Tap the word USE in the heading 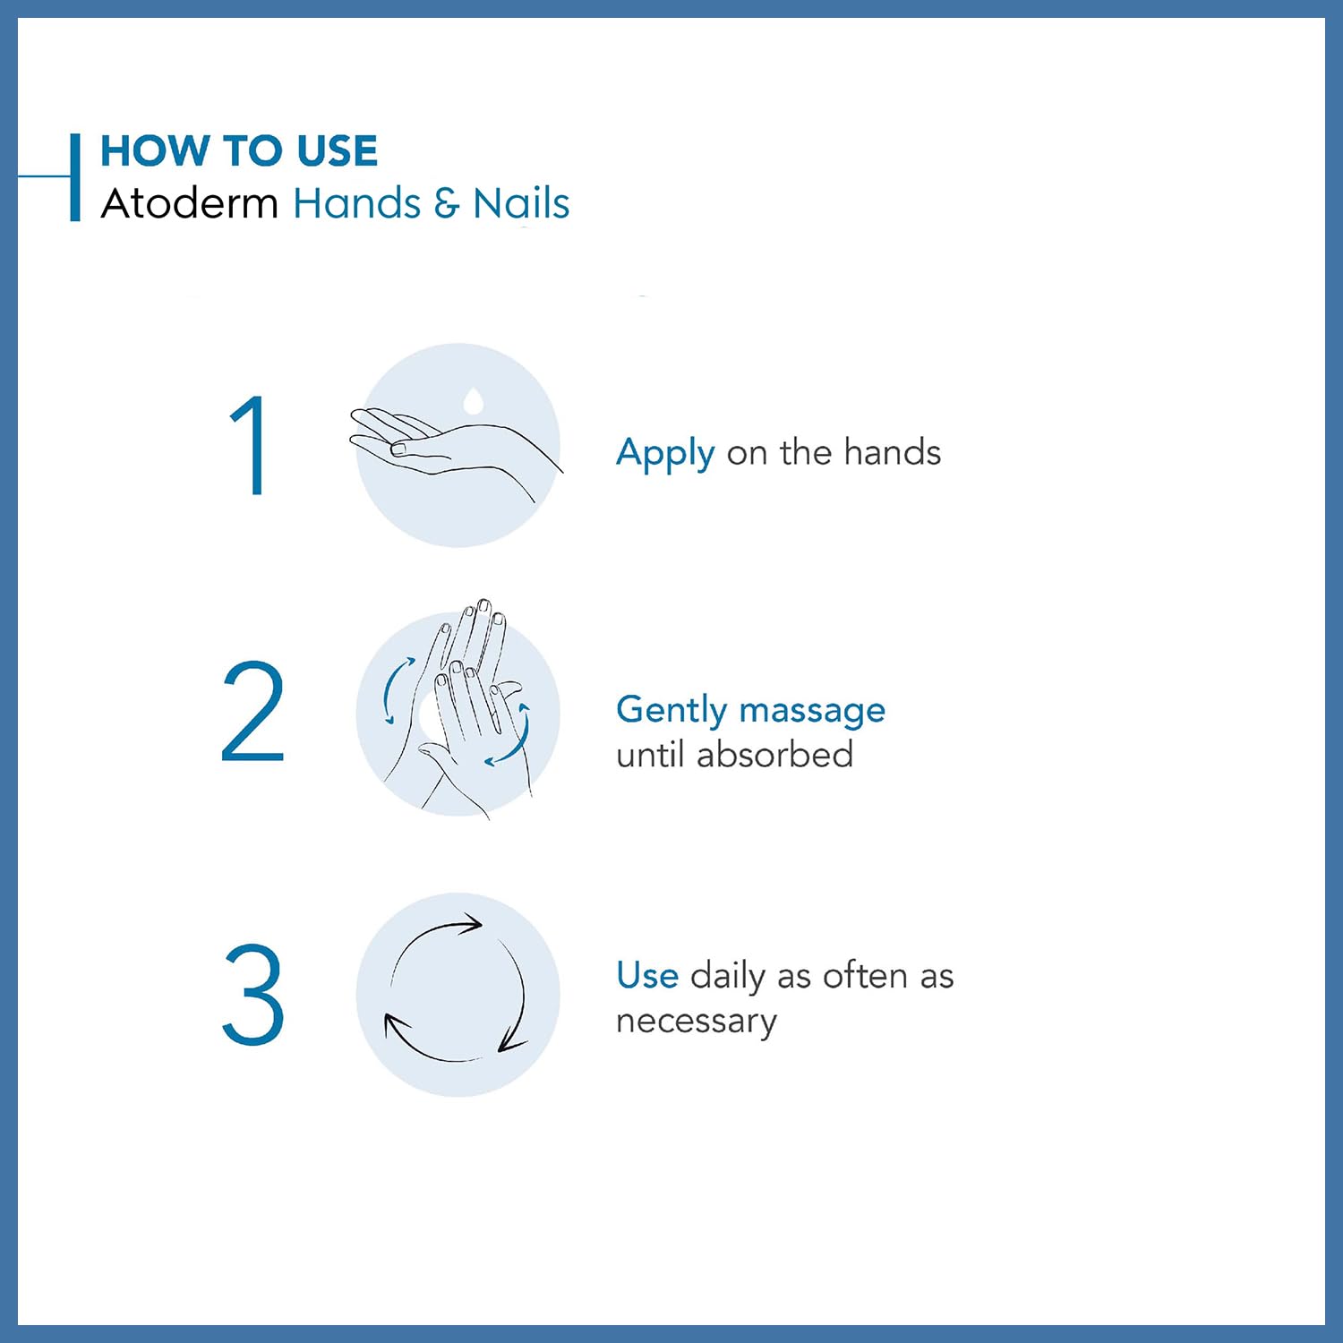338,150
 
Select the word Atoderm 190,203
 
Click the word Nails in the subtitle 521,203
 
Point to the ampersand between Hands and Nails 446,203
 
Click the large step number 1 250,445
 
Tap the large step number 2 252,712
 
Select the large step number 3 252,994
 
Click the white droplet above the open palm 474,399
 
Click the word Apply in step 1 665,454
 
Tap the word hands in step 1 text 892,452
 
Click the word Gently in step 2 671,711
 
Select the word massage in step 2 812,711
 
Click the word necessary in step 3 697,1022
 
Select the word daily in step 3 728,977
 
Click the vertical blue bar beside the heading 75,177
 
